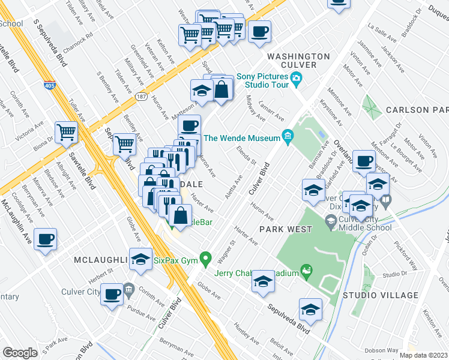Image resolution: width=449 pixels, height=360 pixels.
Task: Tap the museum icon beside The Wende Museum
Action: pyautogui.click(x=288, y=137)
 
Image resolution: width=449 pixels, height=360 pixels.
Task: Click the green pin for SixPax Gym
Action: pyautogui.click(x=206, y=260)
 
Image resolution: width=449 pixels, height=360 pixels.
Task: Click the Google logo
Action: pyautogui.click(x=20, y=353)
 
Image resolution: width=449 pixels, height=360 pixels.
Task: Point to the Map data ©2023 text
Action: pyautogui.click(x=423, y=355)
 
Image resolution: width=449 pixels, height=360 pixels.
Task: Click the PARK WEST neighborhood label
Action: pyautogui.click(x=286, y=229)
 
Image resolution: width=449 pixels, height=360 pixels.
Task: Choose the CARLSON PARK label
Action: pyautogui.click(x=417, y=110)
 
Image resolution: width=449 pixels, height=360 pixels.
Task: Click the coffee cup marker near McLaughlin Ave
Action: pyautogui.click(x=46, y=239)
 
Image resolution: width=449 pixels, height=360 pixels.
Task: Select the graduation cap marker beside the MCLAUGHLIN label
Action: pyautogui.click(x=140, y=259)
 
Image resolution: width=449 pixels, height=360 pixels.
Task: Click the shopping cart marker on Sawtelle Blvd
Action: pyautogui.click(x=66, y=133)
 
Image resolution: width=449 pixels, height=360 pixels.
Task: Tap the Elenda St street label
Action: pyautogui.click(x=246, y=155)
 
